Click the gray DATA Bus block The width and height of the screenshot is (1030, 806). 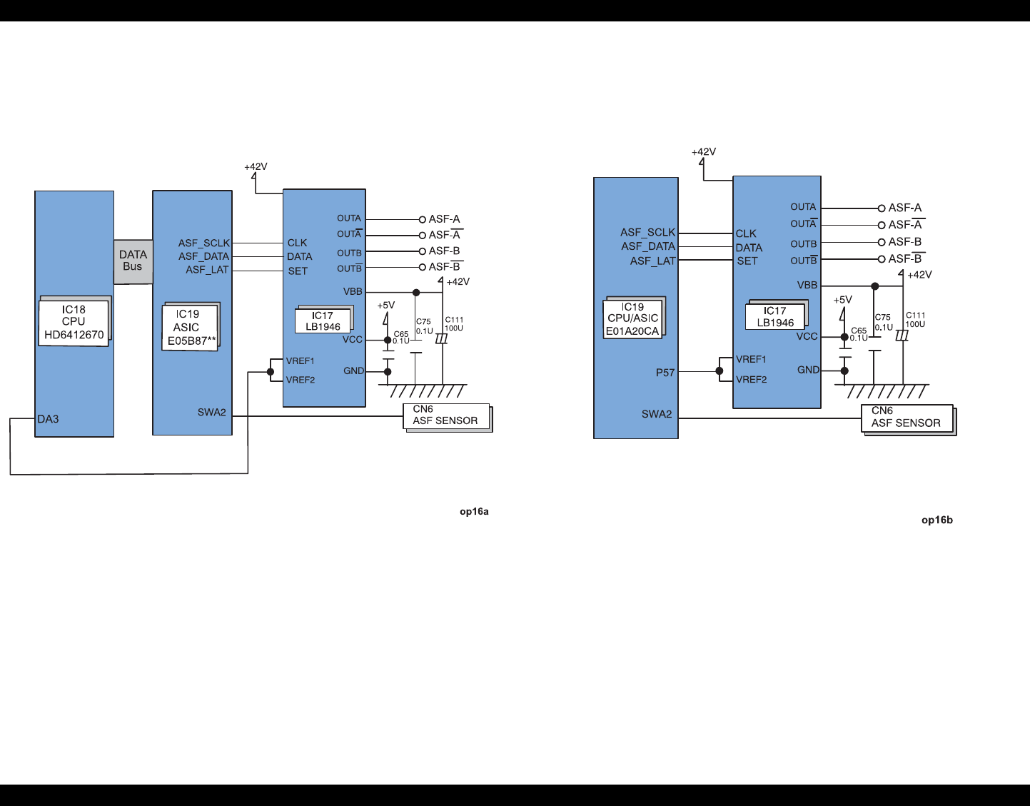(133, 261)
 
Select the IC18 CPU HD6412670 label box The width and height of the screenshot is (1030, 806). (74, 322)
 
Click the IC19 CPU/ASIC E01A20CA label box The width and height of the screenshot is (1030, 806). (632, 318)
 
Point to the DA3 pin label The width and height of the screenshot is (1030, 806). (48, 419)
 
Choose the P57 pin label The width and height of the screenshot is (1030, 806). (665, 372)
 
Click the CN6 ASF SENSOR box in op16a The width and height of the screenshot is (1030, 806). (446, 416)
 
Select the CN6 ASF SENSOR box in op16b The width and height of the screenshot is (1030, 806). (907, 418)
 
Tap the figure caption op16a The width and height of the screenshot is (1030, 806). (474, 511)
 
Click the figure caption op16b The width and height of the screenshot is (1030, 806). (936, 520)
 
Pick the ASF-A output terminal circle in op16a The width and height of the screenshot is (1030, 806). (422, 219)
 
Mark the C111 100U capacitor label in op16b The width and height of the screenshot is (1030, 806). (915, 320)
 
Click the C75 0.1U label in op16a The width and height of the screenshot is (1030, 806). (424, 326)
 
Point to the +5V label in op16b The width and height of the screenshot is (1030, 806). (842, 300)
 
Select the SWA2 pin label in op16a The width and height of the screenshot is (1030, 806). (211, 412)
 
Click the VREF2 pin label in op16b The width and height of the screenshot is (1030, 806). (751, 379)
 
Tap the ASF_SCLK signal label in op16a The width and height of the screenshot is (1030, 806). (204, 243)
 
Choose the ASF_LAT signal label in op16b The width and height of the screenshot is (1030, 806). (652, 261)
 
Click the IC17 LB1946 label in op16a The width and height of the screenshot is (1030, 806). (323, 321)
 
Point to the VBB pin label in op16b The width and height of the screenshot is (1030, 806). (807, 285)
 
